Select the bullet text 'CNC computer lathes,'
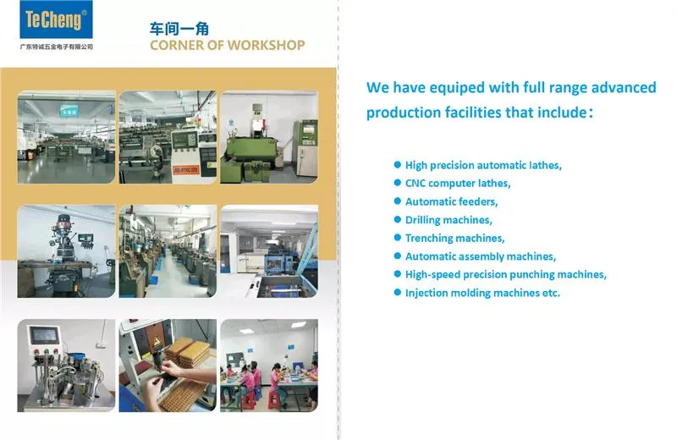pyautogui.click(x=458, y=183)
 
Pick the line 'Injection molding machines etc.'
pyautogui.click(x=482, y=293)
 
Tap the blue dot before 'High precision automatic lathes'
pyautogui.click(x=397, y=165)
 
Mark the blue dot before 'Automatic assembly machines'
pyautogui.click(x=397, y=256)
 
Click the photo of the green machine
pyautogui.click(x=269, y=136)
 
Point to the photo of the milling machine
pyautogui.click(x=66, y=250)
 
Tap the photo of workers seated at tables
pyautogui.click(x=269, y=365)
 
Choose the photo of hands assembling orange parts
pyautogui.click(x=168, y=365)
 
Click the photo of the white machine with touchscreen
pyautogui.click(x=66, y=365)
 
